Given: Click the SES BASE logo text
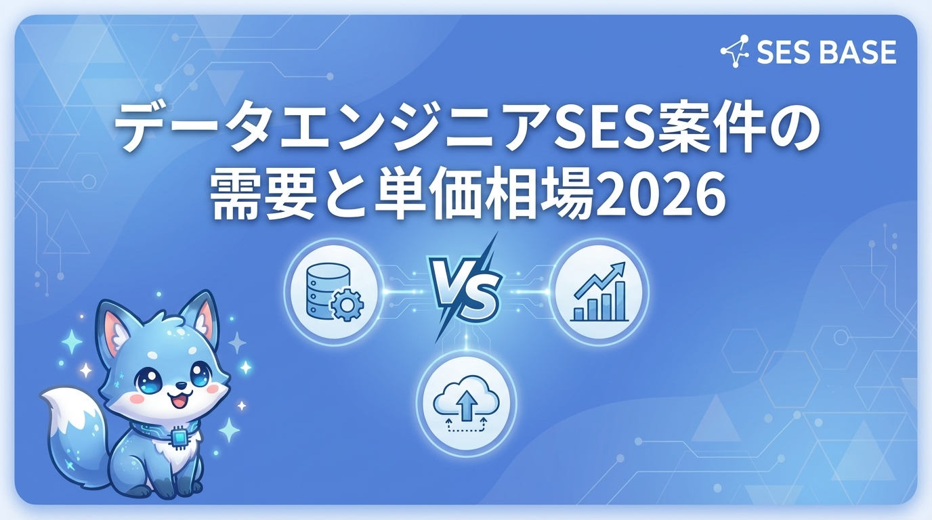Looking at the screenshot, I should pos(826,52).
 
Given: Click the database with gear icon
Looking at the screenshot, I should pos(330,292).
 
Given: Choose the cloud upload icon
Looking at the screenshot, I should pos(466,404).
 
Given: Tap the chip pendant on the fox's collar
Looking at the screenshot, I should pos(179,439).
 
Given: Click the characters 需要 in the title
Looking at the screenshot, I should pos(257,197).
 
